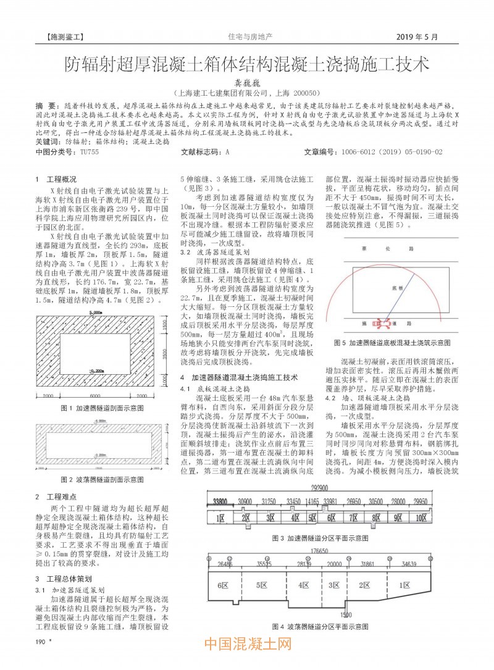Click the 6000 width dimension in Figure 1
[94, 314]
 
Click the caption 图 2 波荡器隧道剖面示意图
[103, 479]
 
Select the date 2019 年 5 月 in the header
[417, 36]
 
